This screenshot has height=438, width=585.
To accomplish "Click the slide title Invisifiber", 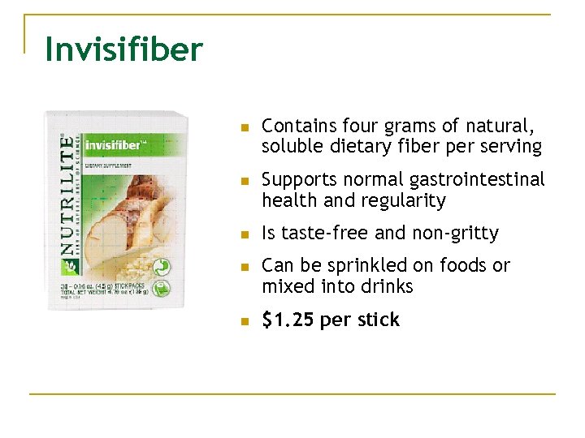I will (123, 49).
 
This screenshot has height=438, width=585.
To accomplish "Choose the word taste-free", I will (322, 234).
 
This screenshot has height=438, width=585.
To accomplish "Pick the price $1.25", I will (288, 320).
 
